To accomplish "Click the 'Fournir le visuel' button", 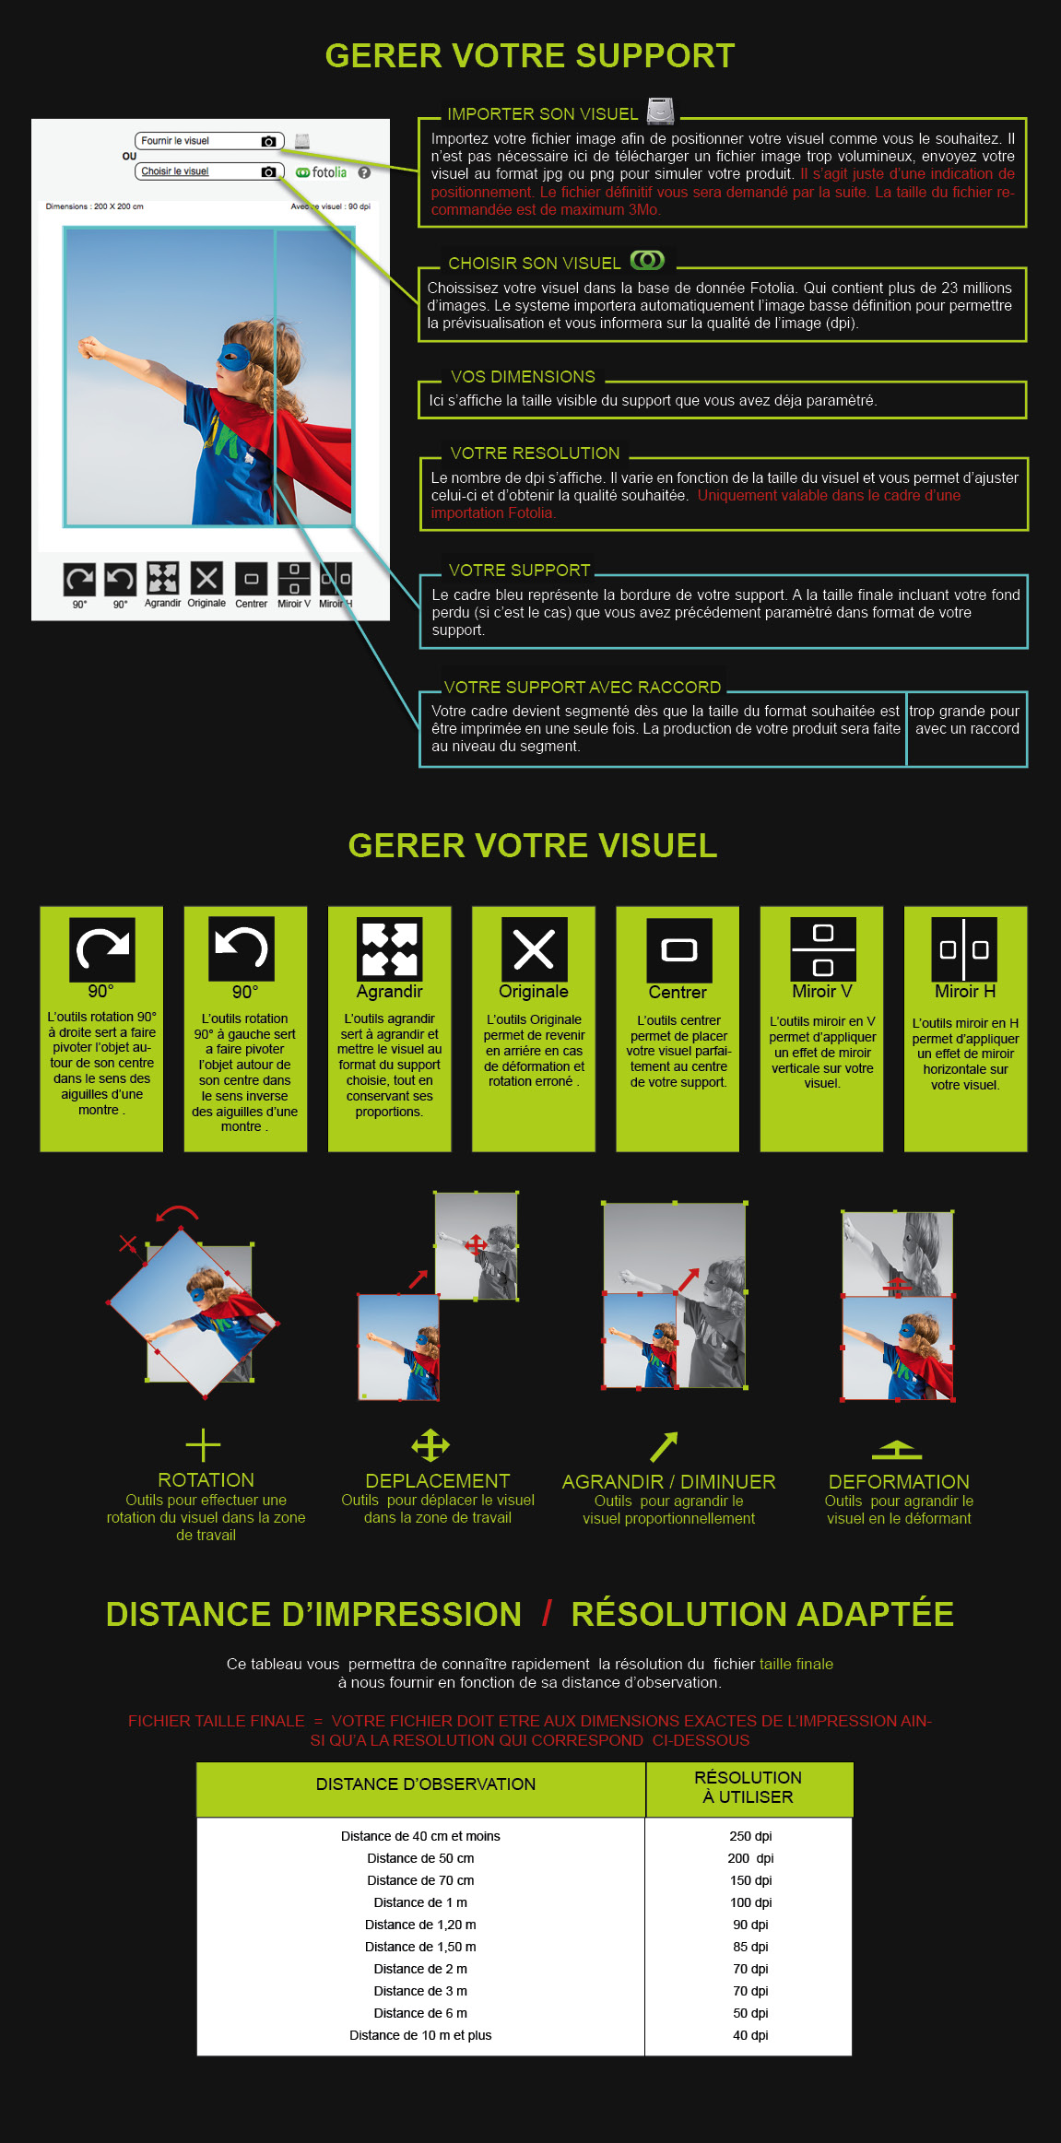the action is (x=209, y=141).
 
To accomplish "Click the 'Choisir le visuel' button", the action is (x=209, y=171).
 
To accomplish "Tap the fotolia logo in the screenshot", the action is (x=321, y=172).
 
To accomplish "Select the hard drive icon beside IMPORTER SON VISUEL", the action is (x=660, y=111).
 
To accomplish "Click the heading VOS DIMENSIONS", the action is (x=523, y=377).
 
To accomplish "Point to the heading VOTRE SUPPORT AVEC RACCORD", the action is (x=583, y=688).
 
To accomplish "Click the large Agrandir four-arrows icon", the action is (x=389, y=948).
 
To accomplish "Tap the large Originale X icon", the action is (x=534, y=948).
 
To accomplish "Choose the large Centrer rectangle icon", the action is (x=678, y=949).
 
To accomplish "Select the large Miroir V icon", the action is (x=823, y=948).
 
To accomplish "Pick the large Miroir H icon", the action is (x=964, y=948).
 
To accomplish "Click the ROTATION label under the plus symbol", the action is (x=206, y=1479).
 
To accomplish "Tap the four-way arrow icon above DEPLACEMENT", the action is (x=430, y=1445).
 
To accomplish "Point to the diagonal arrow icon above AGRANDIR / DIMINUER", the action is (x=664, y=1447).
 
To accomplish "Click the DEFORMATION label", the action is (x=899, y=1481).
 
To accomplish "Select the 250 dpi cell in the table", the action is (x=750, y=1836).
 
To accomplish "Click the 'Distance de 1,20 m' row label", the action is (x=420, y=1925).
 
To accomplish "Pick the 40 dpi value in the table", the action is (x=750, y=2035).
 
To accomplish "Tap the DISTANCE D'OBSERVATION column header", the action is (x=426, y=1784).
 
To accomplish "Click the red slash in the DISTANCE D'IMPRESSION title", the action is (x=548, y=1614).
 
